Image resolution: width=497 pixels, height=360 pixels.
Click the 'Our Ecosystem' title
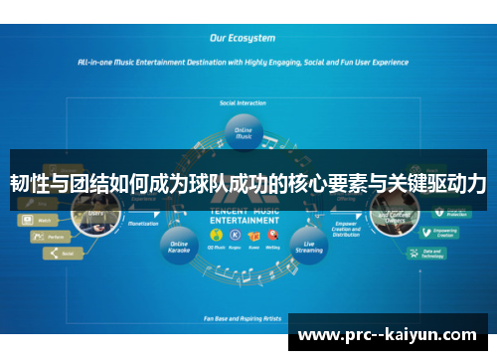pos(243,39)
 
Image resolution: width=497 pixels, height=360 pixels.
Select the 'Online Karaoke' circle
pos(180,246)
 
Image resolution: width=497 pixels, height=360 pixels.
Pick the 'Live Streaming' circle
pos(308,246)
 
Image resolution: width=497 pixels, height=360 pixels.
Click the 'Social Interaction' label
pos(244,102)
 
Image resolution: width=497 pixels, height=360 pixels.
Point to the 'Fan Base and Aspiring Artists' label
pos(244,318)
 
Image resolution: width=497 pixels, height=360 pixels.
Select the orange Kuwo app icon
pos(253,235)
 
